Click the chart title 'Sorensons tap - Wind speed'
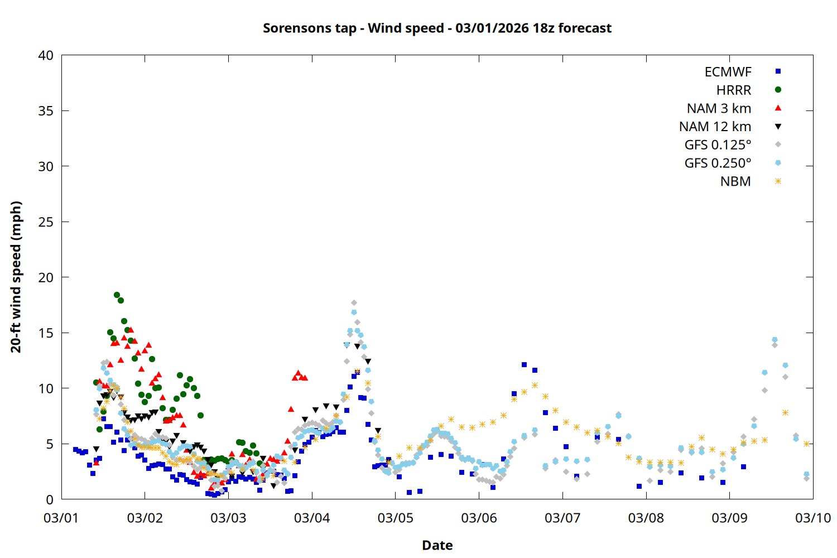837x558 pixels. click(437, 28)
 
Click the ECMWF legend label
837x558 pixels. click(728, 72)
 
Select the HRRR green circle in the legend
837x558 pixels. click(778, 90)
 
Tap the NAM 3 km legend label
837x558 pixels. click(719, 108)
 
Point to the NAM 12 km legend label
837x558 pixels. click(715, 127)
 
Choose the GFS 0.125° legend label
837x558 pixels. click(718, 145)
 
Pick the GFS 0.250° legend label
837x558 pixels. click(718, 163)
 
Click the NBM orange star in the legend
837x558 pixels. click(778, 181)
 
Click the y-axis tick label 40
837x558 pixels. click(46, 55)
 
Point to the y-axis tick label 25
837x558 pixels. click(46, 222)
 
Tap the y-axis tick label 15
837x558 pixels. click(46, 333)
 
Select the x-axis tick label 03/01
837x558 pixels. click(61, 518)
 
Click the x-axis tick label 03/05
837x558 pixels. click(396, 518)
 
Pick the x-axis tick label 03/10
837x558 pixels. click(813, 518)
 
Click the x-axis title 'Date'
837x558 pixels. click(437, 545)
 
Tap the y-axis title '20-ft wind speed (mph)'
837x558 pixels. click(16, 277)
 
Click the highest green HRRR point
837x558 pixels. click(117, 295)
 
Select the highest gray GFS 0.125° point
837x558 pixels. click(354, 303)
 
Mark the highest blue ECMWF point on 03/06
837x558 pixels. click(524, 364)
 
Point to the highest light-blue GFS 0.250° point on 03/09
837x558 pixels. click(775, 340)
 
